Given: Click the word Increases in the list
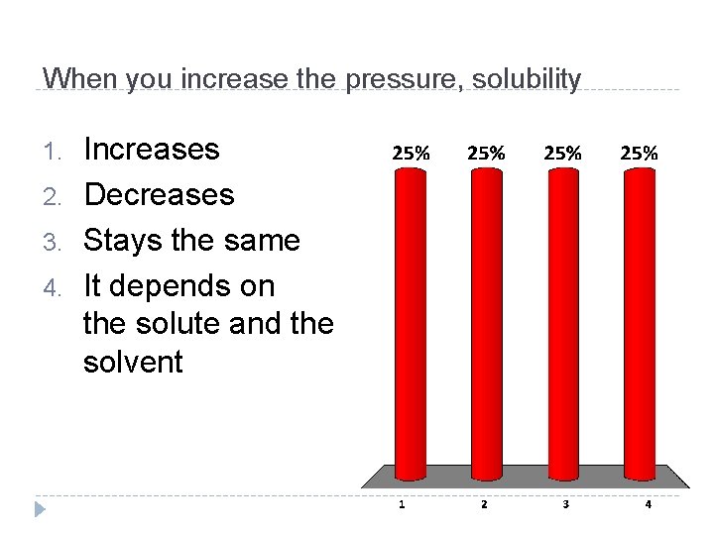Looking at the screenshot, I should pyautogui.click(x=151, y=150).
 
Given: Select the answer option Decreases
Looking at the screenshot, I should pyautogui.click(x=159, y=195).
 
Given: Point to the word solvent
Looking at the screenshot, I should pyautogui.click(x=133, y=363).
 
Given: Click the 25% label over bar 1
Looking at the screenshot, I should pyautogui.click(x=411, y=154).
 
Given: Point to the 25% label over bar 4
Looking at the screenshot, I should pyautogui.click(x=639, y=154).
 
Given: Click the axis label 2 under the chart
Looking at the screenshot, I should pyautogui.click(x=484, y=504).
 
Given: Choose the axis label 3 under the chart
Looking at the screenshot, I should pyautogui.click(x=565, y=504).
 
